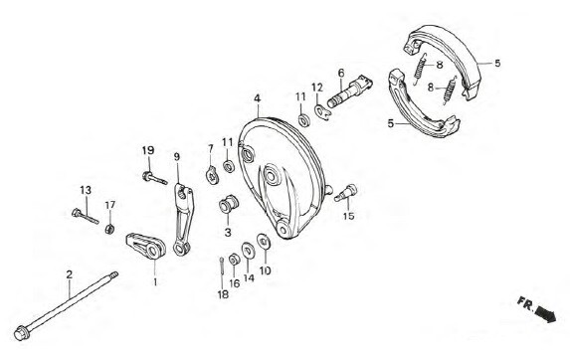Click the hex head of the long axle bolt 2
[22, 333]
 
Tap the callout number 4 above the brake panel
[258, 98]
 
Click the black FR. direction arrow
[546, 314]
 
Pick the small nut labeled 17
[110, 229]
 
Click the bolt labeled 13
[86, 216]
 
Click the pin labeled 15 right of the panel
[346, 193]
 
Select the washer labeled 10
[263, 242]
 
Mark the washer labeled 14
[249, 251]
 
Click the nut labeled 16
[234, 260]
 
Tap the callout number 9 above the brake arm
[177, 157]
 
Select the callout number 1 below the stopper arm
[155, 281]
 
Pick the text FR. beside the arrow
[525, 303]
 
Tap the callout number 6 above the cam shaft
[340, 73]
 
